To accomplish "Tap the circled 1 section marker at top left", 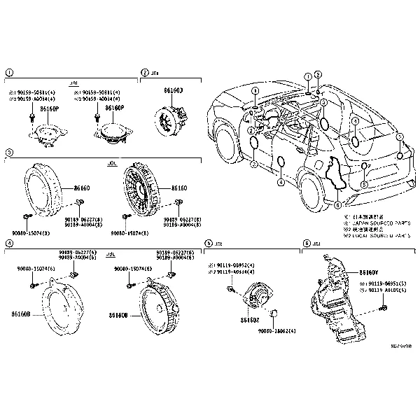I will (8, 72).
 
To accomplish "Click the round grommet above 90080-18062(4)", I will (277, 312).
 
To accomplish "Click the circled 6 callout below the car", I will (337, 205).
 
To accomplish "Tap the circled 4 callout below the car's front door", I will (280, 182).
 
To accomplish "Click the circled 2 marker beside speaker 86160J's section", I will (145, 72).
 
